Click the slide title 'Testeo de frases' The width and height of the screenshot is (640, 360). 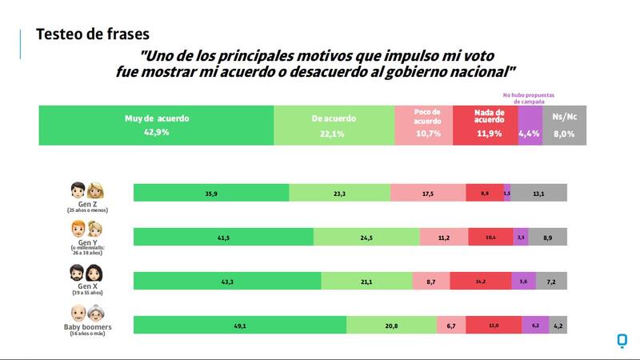tap(93, 34)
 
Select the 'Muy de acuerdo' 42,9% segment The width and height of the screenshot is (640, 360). tap(156, 126)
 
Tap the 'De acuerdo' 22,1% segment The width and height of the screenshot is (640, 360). tap(334, 126)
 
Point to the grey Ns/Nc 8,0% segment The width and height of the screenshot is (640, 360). tap(564, 126)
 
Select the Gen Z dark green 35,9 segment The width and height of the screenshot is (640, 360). tap(210, 193)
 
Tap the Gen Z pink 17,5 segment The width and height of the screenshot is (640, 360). tap(428, 193)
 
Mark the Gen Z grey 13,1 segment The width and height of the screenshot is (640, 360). tap(538, 193)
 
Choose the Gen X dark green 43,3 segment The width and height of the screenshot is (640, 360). tap(226, 281)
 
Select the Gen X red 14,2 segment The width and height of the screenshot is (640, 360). tap(480, 281)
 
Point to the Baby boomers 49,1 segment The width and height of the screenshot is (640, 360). tap(239, 325)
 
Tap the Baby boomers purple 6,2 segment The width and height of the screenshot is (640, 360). tap(535, 325)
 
